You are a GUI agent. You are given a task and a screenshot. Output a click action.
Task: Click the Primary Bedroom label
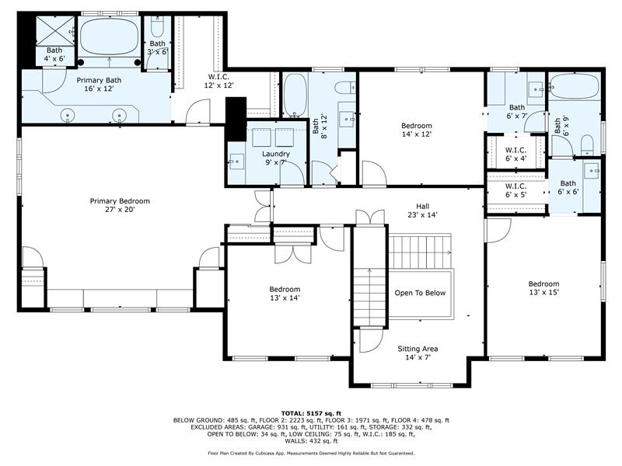[120, 205]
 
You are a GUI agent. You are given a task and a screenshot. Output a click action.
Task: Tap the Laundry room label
[276, 158]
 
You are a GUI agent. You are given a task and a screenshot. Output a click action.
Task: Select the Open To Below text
[420, 293]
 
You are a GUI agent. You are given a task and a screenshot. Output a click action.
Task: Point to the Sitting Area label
[418, 353]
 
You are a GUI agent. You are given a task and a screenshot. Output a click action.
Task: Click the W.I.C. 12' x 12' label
[219, 81]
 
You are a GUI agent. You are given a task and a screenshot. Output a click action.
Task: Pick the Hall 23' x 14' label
[422, 210]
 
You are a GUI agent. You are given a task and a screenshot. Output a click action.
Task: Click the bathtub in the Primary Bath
[109, 37]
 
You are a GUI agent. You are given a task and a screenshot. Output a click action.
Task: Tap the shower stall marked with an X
[55, 31]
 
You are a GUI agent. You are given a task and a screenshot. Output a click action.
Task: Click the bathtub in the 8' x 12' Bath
[295, 95]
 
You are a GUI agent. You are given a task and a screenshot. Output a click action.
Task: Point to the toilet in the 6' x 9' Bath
[587, 145]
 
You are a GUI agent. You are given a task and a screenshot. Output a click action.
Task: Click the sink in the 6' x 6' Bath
[593, 171]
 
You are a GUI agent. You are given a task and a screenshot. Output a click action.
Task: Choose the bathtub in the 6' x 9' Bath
[575, 86]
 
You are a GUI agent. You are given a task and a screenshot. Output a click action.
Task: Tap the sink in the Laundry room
[236, 162]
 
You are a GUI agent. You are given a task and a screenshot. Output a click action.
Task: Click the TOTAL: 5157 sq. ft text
[311, 413]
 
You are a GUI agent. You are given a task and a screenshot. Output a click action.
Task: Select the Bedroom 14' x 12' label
[417, 130]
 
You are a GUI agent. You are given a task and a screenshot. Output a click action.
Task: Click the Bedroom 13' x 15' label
[543, 288]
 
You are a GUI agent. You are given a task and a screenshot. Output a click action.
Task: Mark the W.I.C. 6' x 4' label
[515, 155]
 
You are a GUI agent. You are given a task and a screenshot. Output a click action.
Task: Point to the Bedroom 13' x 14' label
[285, 294]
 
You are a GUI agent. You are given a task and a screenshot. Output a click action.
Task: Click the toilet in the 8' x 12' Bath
[344, 87]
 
